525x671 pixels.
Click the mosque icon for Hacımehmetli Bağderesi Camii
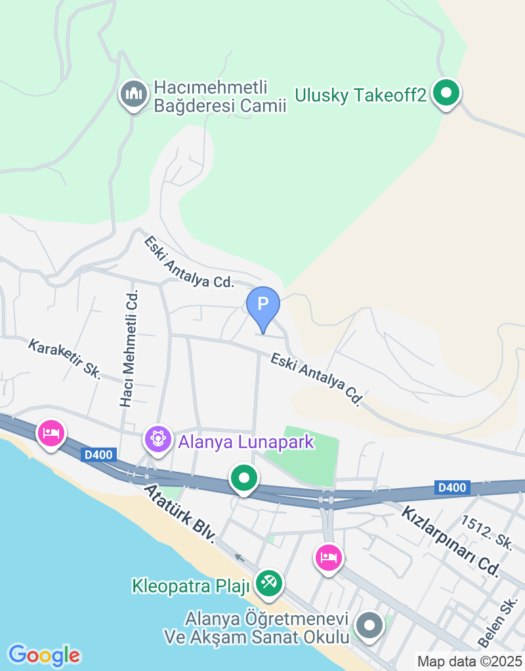[134, 95]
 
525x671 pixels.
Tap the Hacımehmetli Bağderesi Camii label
[220, 96]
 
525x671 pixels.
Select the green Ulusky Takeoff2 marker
[446, 94]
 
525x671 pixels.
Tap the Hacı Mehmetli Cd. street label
[130, 348]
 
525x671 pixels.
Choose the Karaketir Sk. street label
[64, 359]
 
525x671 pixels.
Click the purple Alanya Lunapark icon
[158, 439]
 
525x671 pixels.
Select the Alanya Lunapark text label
[246, 442]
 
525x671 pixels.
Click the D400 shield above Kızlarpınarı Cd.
[451, 488]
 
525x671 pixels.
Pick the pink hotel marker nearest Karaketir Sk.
[51, 433]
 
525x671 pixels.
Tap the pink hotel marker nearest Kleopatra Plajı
[329, 558]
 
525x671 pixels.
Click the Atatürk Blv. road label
[180, 513]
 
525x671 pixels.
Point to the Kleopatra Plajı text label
[191, 585]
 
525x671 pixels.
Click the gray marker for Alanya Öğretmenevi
[369, 625]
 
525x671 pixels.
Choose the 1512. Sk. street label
[486, 532]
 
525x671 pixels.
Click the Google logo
[44, 655]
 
